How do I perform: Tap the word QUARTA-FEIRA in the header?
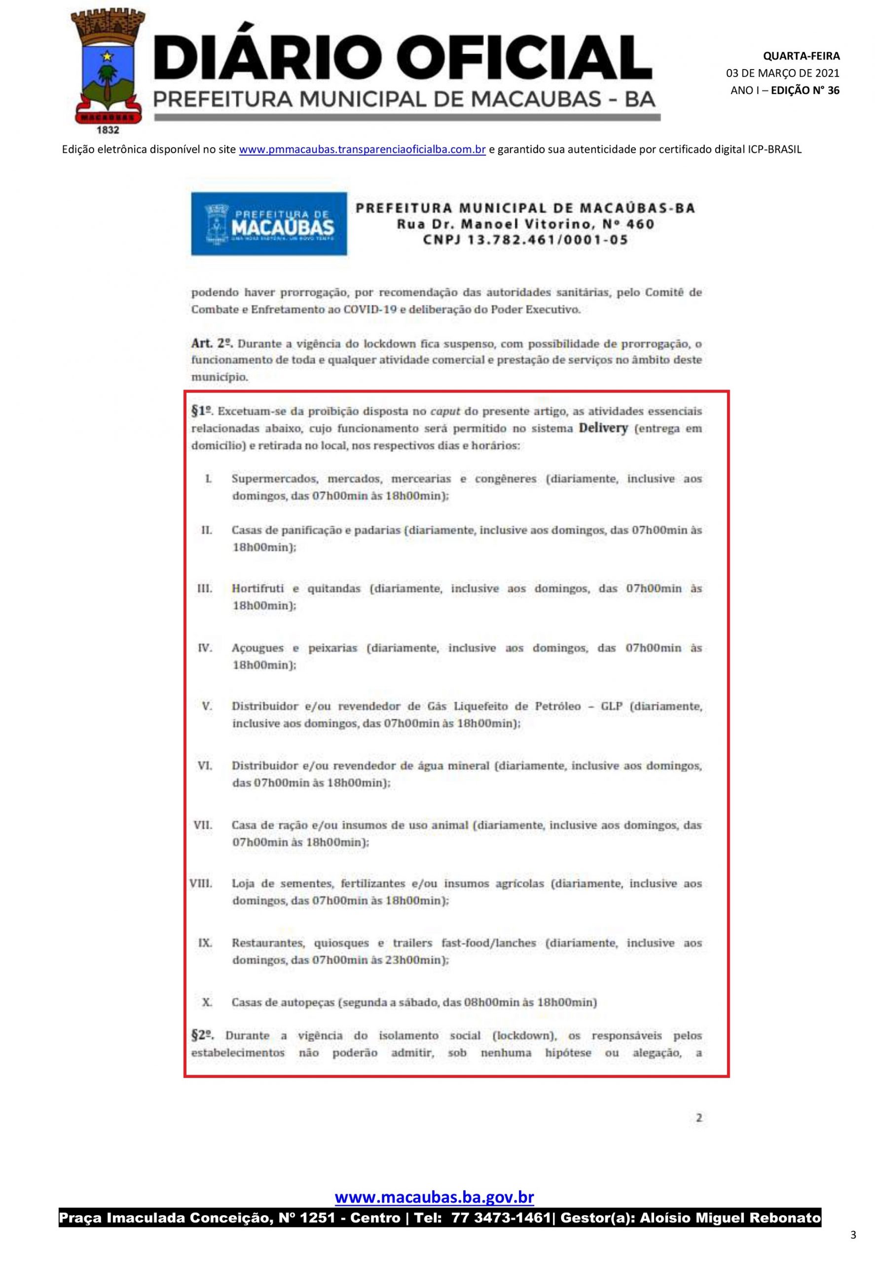tap(801, 56)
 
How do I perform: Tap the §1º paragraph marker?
tap(201, 411)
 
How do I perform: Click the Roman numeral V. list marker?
tap(207, 706)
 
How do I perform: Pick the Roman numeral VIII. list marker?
tap(201, 883)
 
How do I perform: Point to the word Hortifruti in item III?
tap(257, 589)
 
